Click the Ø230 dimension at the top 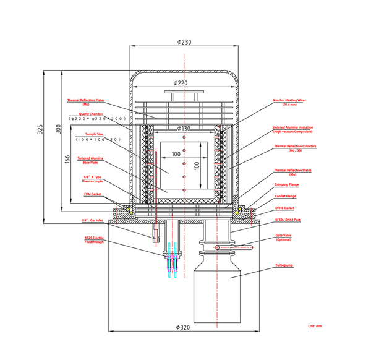(184, 42)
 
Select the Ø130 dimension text (183, 128)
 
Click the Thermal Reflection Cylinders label (291, 148)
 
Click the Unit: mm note (315, 326)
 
